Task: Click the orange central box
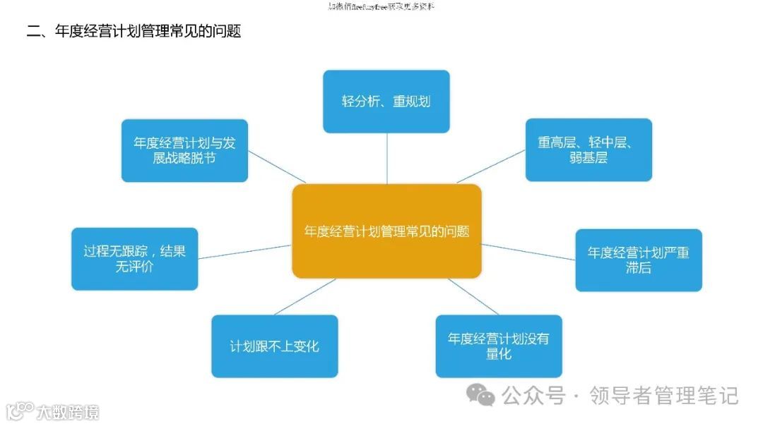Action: tap(386, 231)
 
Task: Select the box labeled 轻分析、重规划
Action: tap(386, 102)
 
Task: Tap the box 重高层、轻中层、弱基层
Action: tap(588, 150)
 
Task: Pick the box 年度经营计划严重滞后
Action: tap(639, 260)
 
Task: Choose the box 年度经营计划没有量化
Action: tap(499, 346)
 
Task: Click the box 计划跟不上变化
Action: tap(274, 346)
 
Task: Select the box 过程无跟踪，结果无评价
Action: tap(134, 259)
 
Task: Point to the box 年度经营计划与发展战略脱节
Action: tap(184, 151)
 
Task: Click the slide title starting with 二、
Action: tap(134, 32)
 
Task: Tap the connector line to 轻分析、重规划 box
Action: tap(386, 158)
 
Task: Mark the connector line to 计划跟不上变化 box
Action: tap(304, 296)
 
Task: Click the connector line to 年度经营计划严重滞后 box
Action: tap(528, 252)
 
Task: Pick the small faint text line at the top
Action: tap(381, 6)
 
